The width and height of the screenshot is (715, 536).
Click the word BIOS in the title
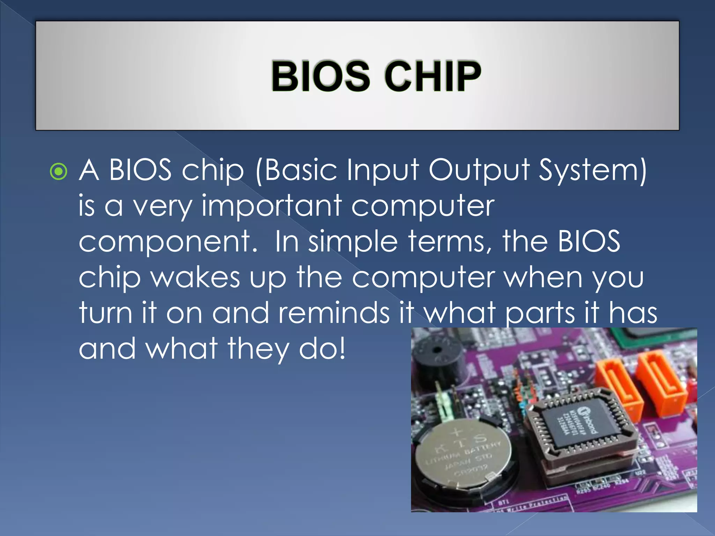tap(320, 76)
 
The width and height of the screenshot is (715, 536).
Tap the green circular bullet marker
tap(58, 171)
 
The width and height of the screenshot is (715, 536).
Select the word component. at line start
tap(168, 242)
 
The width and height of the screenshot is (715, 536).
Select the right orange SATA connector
tap(660, 380)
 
